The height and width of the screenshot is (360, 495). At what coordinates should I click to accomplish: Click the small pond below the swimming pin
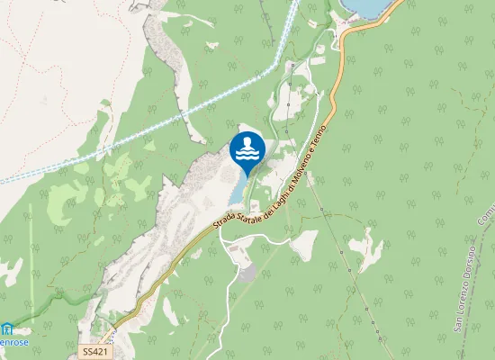238,188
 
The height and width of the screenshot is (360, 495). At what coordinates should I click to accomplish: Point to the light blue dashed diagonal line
135,135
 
